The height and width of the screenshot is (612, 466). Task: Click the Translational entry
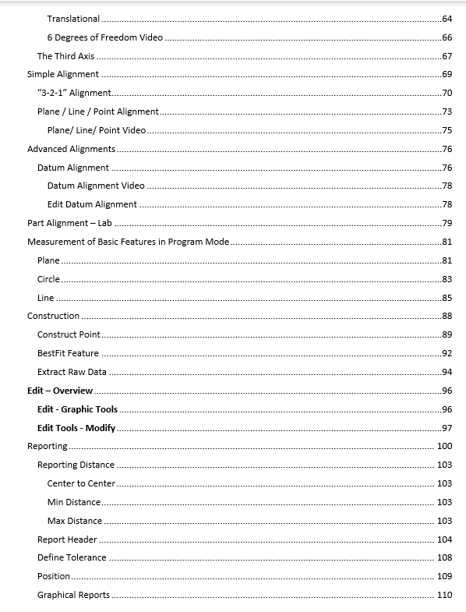(x=73, y=19)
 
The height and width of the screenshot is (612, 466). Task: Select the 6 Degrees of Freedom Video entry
(x=104, y=37)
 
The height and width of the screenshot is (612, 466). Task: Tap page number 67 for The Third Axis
(x=447, y=56)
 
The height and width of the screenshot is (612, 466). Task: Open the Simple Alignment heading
(x=63, y=75)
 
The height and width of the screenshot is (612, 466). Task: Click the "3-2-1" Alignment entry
(x=74, y=94)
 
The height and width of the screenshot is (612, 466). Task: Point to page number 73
(x=447, y=112)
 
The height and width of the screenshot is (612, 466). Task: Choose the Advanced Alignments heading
(x=71, y=149)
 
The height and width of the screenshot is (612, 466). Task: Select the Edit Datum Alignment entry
(x=92, y=204)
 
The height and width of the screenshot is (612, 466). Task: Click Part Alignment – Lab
(x=65, y=223)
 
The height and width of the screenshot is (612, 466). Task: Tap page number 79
(x=447, y=223)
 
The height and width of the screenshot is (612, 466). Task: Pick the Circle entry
(x=48, y=279)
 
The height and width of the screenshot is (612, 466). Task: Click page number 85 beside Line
(x=447, y=298)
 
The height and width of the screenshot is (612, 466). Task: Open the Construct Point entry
(x=69, y=334)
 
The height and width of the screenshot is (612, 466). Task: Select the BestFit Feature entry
(x=68, y=353)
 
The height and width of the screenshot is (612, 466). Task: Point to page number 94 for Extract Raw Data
(x=447, y=372)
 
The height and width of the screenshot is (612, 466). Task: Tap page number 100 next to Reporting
(x=444, y=447)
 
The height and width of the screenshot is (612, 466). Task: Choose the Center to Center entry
(x=81, y=483)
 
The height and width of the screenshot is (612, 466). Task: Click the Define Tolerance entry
(x=72, y=558)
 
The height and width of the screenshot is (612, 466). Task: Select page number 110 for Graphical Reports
(x=444, y=595)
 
